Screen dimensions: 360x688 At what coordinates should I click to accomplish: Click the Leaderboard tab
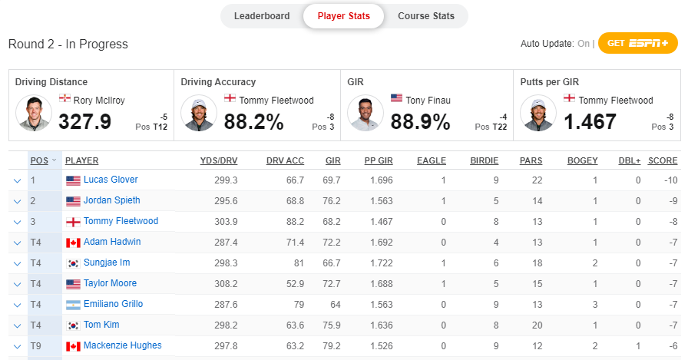[262, 16]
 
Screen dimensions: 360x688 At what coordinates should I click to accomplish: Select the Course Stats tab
[425, 16]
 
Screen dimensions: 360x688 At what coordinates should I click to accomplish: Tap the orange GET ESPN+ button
[637, 43]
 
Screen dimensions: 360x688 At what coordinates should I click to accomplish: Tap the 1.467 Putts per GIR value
[590, 122]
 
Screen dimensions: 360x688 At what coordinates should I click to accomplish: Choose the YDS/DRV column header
[219, 160]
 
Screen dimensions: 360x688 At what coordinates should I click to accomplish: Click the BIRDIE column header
[484, 160]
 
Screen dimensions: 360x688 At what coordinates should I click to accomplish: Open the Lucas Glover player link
[111, 180]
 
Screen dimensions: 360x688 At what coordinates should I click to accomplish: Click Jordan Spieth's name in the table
[112, 200]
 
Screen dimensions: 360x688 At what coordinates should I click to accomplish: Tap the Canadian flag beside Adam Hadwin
[73, 243]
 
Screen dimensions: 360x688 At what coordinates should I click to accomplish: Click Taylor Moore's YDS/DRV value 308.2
[225, 283]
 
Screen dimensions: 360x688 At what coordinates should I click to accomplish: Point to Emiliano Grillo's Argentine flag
[73, 305]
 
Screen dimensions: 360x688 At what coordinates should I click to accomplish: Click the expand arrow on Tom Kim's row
[17, 325]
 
